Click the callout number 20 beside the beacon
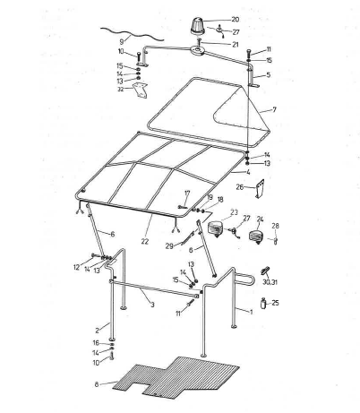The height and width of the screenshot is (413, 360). tap(235, 19)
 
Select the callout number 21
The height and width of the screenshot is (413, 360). tap(235, 44)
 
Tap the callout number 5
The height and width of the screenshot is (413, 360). tap(267, 75)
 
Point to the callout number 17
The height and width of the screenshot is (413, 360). tap(187, 193)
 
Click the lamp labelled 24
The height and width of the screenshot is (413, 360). tap(257, 237)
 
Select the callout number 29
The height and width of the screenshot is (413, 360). tap(168, 245)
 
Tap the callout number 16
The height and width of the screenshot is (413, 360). tap(97, 342)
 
